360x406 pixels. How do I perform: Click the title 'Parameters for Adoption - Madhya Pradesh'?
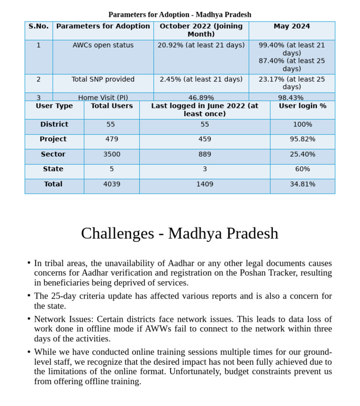pos(180,15)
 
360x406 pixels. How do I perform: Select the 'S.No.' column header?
pos(38,26)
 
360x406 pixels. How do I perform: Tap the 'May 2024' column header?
pos(292,26)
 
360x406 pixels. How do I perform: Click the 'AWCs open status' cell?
pos(103,45)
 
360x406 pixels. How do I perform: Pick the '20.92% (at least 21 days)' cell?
pos(201,45)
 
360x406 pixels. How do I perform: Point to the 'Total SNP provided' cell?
pos(103,79)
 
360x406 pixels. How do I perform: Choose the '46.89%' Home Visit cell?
pos(201,98)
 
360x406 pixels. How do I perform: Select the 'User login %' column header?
pos(302,106)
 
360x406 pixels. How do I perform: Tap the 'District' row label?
pos(54,124)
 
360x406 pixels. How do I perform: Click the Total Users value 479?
pos(112,139)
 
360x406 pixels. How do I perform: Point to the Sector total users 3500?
pos(112,154)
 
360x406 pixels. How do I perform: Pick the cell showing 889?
pos(204,154)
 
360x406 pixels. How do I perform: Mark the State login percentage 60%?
pos(302,169)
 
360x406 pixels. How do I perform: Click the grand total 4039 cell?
pos(112,184)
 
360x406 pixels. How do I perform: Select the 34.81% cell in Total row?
pos(302,184)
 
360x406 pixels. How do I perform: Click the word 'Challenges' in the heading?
pos(117,233)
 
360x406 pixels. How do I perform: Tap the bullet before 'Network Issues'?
pos(29,319)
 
